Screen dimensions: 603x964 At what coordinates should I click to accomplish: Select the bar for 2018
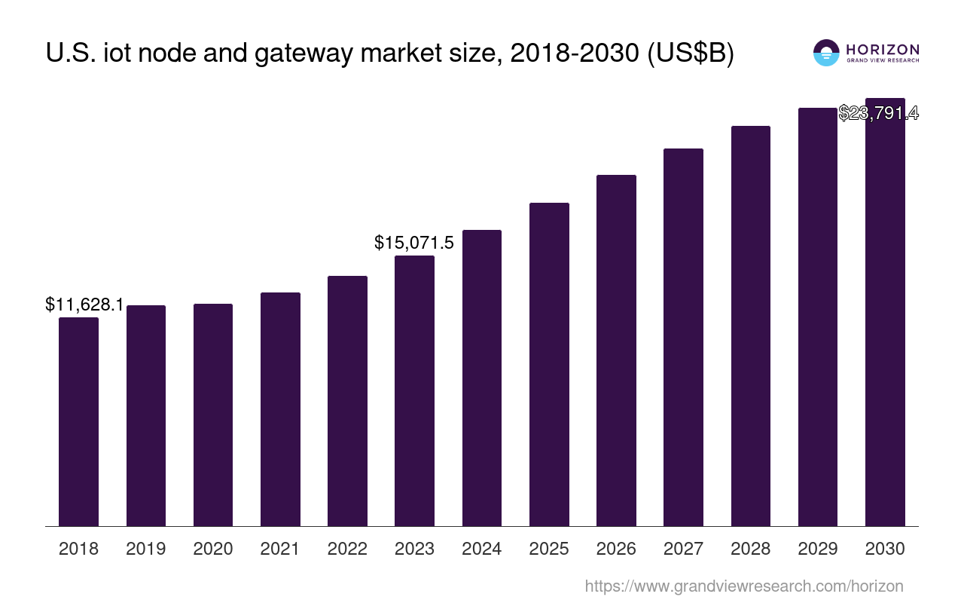click(78, 421)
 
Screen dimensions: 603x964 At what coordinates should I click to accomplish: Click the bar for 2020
click(213, 415)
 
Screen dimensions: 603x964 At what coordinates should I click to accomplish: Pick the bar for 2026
click(616, 350)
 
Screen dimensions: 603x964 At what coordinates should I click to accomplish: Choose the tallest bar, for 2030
click(885, 317)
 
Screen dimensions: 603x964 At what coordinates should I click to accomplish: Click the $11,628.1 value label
click(84, 305)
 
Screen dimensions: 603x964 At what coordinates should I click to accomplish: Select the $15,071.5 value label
click(414, 243)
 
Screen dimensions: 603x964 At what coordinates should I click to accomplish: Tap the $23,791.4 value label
click(878, 113)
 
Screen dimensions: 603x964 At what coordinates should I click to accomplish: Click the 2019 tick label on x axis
click(146, 549)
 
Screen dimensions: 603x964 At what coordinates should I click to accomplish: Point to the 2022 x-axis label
click(347, 549)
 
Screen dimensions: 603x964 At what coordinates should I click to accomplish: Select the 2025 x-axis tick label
click(549, 549)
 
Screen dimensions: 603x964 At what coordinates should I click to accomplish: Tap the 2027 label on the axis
click(683, 549)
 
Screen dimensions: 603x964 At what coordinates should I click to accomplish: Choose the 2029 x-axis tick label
click(818, 549)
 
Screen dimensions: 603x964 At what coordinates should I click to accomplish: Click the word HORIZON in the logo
click(883, 49)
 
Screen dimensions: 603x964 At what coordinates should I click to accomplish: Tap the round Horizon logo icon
click(826, 53)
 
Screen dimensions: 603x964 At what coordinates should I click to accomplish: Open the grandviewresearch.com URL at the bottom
click(743, 586)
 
